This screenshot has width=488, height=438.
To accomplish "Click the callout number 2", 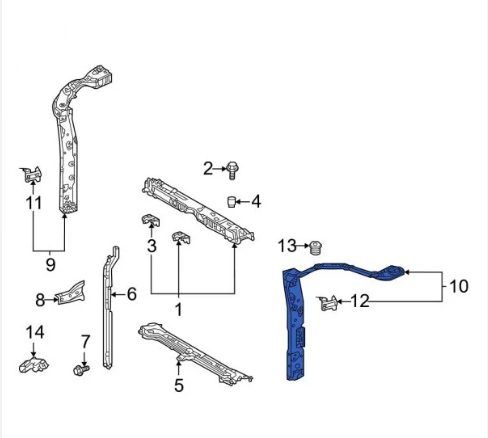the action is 208,169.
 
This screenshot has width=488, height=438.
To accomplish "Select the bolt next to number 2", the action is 232,170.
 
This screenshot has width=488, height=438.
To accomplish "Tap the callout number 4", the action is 256,202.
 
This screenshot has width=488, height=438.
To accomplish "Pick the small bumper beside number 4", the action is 232,202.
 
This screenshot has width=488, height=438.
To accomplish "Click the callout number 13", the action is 287,246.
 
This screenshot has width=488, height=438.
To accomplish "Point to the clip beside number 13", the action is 316,248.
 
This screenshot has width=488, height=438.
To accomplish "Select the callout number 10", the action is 459,286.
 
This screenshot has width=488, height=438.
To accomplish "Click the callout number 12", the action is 360,301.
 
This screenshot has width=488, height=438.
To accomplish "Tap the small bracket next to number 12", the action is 327,303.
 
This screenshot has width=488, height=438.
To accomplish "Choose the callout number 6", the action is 132,294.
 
